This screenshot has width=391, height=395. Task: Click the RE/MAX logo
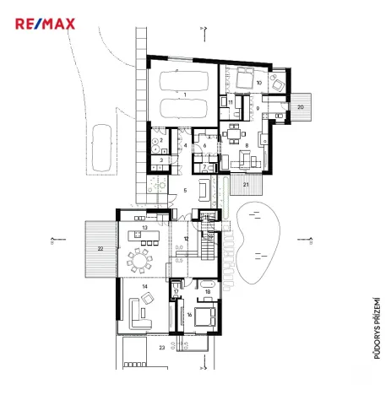(45, 23)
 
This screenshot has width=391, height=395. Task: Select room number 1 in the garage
(184, 95)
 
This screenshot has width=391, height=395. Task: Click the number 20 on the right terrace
(300, 108)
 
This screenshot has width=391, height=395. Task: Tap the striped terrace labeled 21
(246, 184)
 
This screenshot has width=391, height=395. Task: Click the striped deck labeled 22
(100, 249)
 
